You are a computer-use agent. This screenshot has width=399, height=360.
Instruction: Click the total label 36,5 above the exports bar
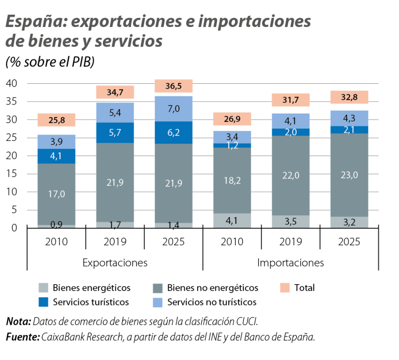[173, 86]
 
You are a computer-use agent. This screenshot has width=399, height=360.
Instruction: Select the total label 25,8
[56, 120]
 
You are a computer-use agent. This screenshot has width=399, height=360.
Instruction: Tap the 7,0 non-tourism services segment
[173, 109]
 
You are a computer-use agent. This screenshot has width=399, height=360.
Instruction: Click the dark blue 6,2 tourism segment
[173, 132]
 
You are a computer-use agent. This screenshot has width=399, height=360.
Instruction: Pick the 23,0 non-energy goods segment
[349, 175]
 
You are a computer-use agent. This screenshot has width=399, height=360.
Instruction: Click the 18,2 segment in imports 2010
[232, 181]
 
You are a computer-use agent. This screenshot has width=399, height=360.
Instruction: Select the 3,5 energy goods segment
[290, 221]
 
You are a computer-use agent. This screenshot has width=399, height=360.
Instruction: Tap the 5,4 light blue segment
[115, 113]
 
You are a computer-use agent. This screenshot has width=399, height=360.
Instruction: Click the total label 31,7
[290, 100]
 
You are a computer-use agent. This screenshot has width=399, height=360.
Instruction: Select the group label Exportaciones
[115, 262]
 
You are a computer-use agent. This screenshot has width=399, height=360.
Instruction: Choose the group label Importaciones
[290, 262]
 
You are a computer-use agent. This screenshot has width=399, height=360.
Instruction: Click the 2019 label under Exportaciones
[115, 242]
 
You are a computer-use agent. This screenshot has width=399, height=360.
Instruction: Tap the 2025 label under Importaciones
[349, 242]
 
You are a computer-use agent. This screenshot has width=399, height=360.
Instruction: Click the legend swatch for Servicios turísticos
[44, 302]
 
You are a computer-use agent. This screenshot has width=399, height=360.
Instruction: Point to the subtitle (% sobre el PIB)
[50, 63]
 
